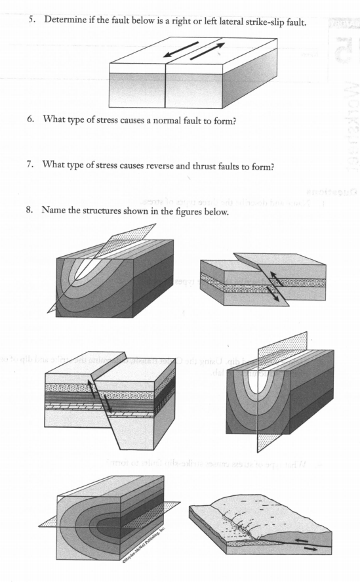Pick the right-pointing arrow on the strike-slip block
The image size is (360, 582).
coord(207,51)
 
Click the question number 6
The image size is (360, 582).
coord(30,123)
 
